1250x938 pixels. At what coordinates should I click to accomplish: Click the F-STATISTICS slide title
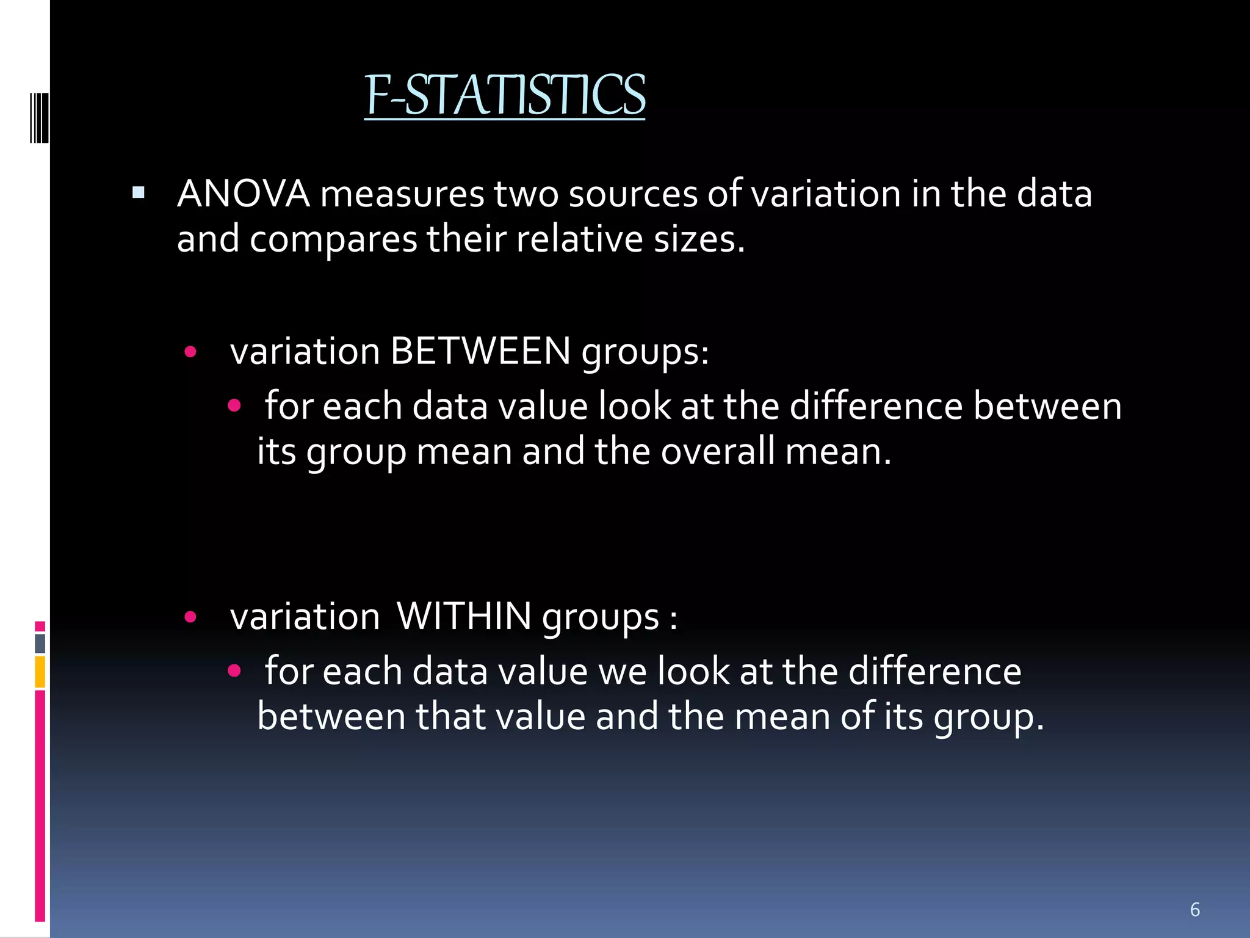click(x=505, y=95)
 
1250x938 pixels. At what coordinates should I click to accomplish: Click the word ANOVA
click(x=244, y=194)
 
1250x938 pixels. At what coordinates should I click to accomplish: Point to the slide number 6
click(x=1194, y=909)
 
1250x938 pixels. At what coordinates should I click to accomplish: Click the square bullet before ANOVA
click(x=139, y=194)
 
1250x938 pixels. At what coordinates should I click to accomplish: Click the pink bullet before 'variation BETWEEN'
click(x=190, y=352)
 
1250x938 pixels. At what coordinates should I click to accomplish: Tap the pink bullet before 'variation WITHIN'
click(x=190, y=617)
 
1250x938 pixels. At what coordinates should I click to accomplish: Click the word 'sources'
click(x=633, y=194)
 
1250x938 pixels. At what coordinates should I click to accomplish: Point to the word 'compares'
click(x=333, y=240)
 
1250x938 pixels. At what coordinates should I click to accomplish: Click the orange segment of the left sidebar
click(x=40, y=672)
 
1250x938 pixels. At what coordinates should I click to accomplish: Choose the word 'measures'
click(x=402, y=194)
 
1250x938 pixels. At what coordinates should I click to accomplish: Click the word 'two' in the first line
click(x=526, y=194)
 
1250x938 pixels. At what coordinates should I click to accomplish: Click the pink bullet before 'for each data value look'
click(x=234, y=405)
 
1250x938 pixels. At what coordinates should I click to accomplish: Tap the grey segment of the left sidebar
click(x=40, y=644)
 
